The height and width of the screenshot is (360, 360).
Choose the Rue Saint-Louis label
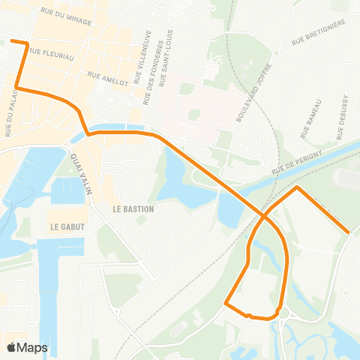coord(172,57)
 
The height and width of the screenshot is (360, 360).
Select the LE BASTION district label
coord(133,208)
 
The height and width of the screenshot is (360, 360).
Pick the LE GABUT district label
coord(65,225)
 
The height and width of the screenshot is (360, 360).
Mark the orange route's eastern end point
coord(349,232)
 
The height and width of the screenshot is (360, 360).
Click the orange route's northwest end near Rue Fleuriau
coord(12,41)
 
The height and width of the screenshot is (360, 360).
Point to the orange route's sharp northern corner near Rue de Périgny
coord(297,187)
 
